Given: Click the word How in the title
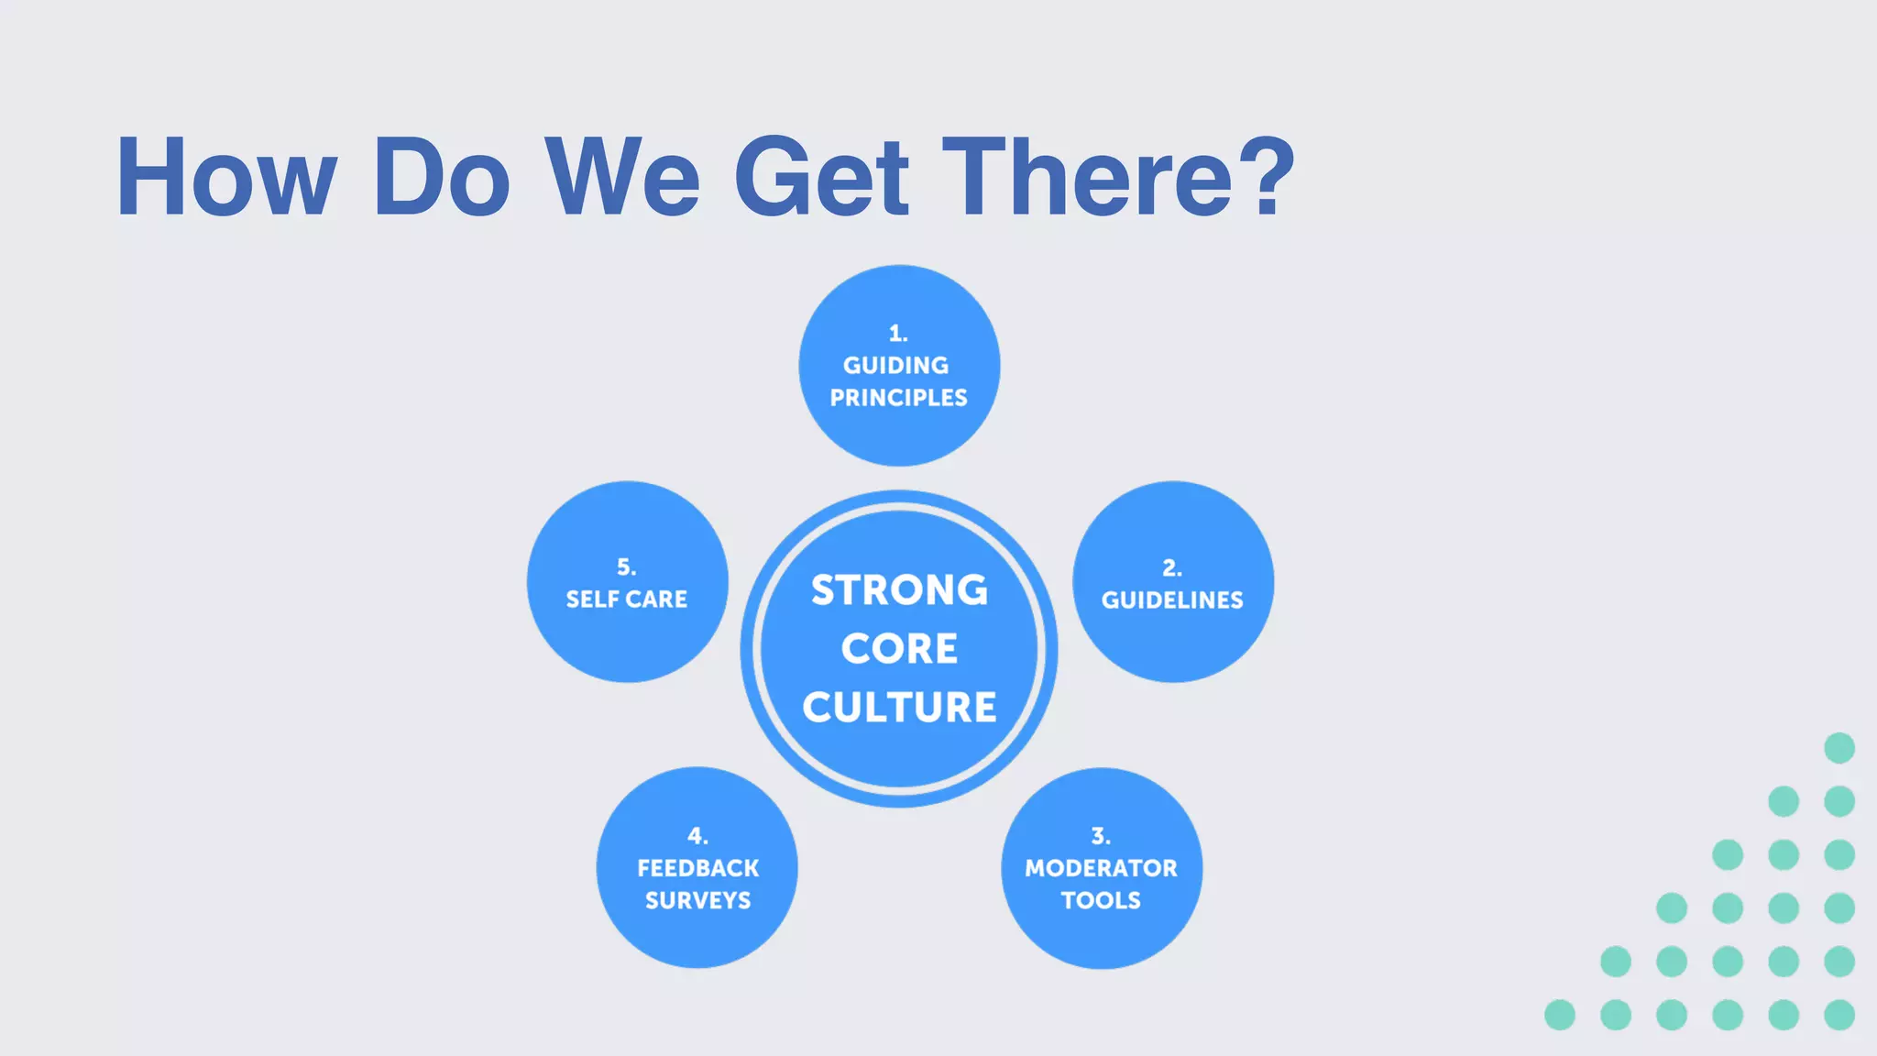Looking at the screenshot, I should pos(226,176).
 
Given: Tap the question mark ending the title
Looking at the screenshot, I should pos(1267,176).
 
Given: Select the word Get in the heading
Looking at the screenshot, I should pos(821,176).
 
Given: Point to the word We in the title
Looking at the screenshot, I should pos(623,176).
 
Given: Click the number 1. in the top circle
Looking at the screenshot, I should pos(898,333).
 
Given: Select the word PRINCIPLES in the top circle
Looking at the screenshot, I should pos(898,398).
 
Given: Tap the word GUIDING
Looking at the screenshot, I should pos(896,365).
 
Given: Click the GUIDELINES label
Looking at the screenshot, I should pos(1172,600).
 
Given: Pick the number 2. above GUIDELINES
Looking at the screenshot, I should pos(1172,567).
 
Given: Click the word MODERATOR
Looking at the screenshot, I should pos(1101,868).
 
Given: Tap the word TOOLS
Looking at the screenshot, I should pos(1101,900).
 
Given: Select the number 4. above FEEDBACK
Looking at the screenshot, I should pos(697,836).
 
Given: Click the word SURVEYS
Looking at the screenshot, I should pos(697,900).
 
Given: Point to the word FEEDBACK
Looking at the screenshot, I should pos(697,868).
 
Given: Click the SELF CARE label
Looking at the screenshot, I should pos(626,599).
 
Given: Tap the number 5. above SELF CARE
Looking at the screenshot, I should pos(626,566).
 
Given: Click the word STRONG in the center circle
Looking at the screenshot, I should pos(899,590).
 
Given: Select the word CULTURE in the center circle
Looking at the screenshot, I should pos(899,707).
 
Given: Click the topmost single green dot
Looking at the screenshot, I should pos(1839,748).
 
